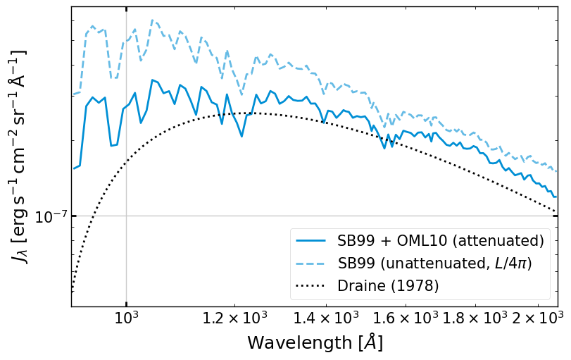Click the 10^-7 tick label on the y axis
pyautogui.click(x=51, y=216)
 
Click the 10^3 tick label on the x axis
pyautogui.click(x=126, y=318)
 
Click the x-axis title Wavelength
pyautogui.click(x=315, y=343)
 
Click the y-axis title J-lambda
pyautogui.click(x=20, y=156)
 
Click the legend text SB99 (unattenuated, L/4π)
pyautogui.click(x=434, y=263)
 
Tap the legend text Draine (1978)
pyautogui.click(x=388, y=285)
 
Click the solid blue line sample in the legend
pyautogui.click(x=312, y=240)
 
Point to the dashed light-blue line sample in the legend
pyautogui.click(x=312, y=263)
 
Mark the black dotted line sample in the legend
pyautogui.click(x=312, y=285)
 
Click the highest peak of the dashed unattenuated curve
pyautogui.click(x=152, y=20)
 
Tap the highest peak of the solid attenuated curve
pyautogui.click(x=152, y=80)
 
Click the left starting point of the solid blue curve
pyautogui.click(x=73, y=168)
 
